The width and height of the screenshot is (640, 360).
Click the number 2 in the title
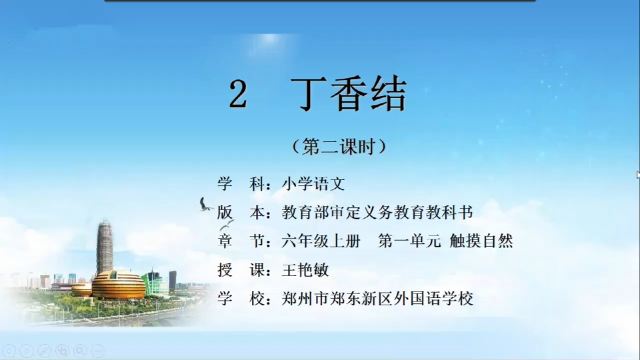238,94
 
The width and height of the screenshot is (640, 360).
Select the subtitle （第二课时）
339,147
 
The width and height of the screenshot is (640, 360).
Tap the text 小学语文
313,184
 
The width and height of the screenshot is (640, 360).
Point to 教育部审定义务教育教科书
377,213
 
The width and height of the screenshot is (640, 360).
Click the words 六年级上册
321,241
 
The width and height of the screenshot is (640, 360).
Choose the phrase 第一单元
409,241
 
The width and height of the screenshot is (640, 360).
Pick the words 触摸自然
481,241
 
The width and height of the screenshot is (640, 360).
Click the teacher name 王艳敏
305,270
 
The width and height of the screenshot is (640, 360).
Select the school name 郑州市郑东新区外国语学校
377,299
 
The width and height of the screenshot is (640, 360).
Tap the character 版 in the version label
225,213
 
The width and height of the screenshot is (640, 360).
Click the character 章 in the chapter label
225,241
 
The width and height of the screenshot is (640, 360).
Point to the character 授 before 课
225,270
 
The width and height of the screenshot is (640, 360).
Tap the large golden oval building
119,285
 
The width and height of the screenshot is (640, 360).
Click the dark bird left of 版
205,205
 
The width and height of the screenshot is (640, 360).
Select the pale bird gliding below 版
227,225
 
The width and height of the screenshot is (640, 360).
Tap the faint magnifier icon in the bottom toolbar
81,351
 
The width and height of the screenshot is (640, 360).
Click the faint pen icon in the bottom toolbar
44,351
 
